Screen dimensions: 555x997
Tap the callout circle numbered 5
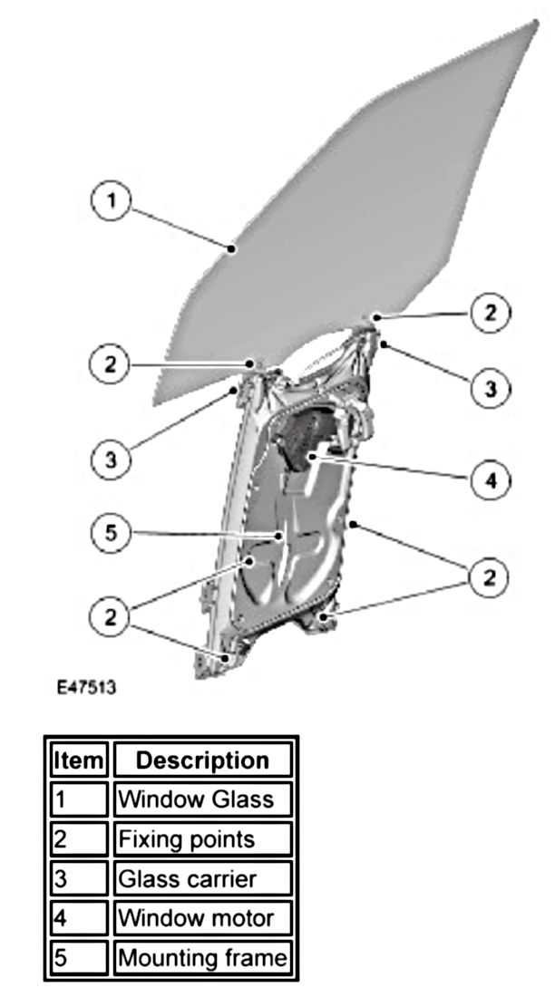click(111, 534)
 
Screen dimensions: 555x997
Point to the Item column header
click(80, 759)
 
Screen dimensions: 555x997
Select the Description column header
click(202, 759)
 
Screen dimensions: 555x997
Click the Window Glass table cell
click(202, 799)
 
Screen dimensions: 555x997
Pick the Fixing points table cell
click(202, 839)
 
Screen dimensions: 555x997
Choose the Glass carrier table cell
click(202, 879)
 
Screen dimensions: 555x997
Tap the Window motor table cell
click(202, 918)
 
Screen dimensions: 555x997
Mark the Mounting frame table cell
click(202, 958)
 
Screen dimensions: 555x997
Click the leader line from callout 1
click(181, 227)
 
